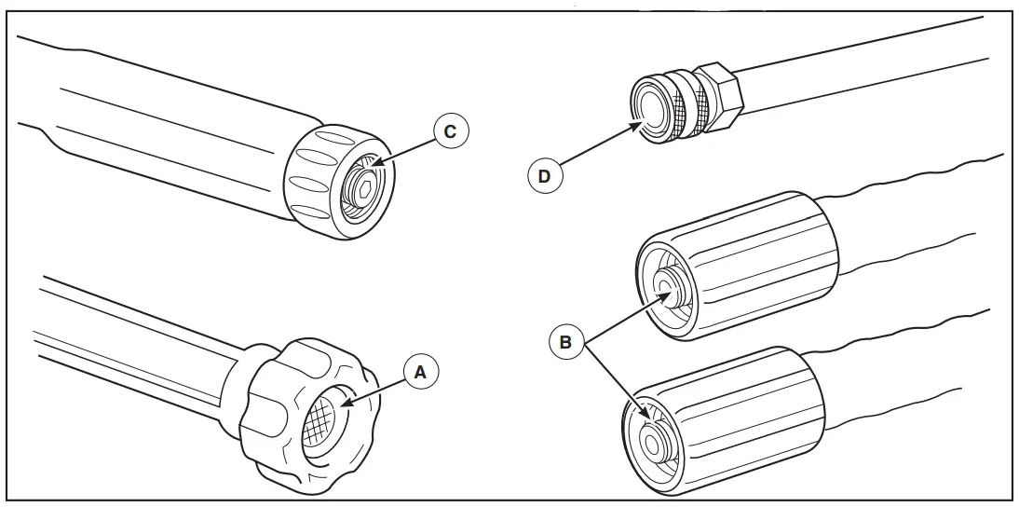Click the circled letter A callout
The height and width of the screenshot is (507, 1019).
coord(419,372)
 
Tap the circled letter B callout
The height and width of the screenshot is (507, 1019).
coord(564,342)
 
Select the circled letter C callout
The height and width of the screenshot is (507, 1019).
coord(450,131)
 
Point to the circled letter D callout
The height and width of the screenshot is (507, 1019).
coord(546,174)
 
